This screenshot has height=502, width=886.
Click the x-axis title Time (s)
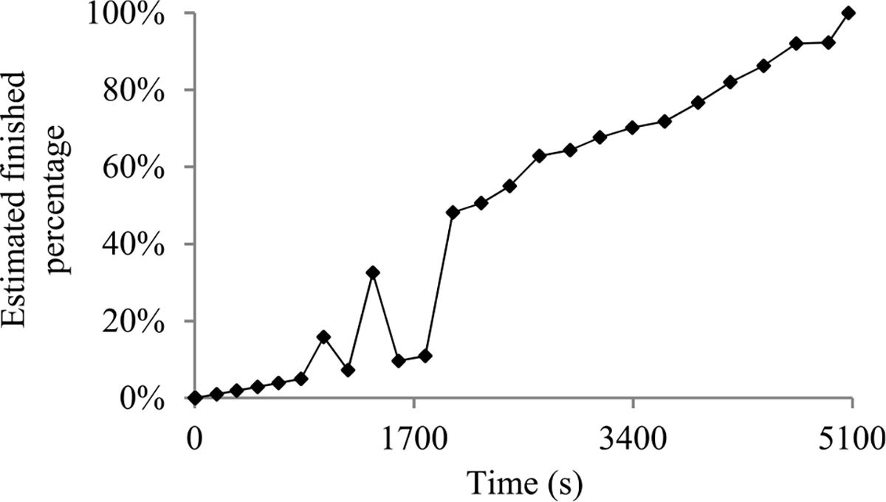(523, 483)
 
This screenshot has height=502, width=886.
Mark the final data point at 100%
(848, 13)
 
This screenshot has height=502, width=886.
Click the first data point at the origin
(194, 398)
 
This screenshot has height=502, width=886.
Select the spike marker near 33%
(373, 272)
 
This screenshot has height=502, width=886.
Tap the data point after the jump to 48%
(453, 213)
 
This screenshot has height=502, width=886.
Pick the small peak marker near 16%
(323, 337)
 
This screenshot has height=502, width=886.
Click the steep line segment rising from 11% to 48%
(439, 283)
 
